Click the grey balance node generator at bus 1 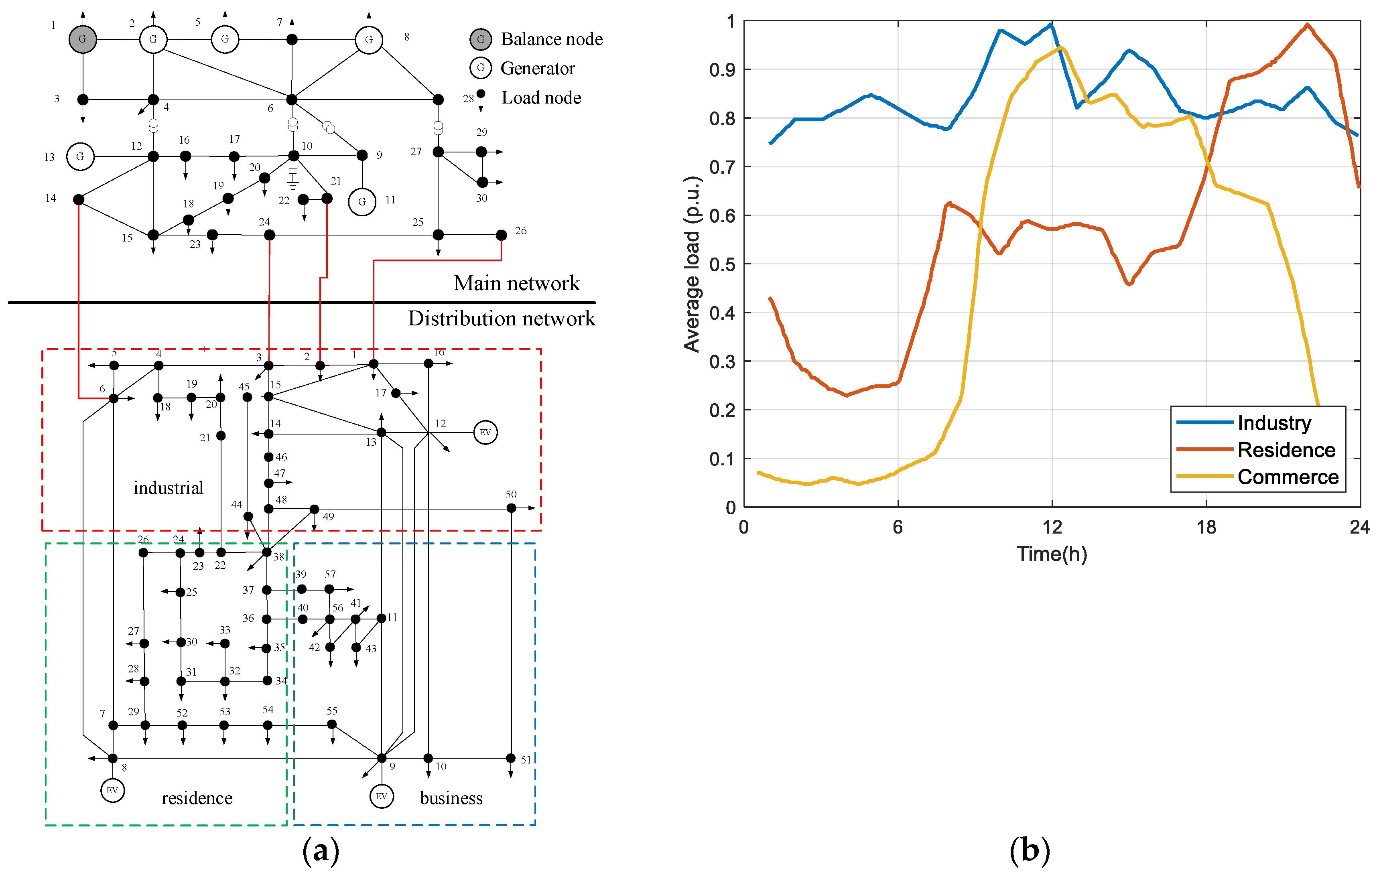(x=83, y=39)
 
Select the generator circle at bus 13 (x=80, y=156)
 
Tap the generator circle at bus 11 (x=362, y=201)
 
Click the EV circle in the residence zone (x=112, y=790)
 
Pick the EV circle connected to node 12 (x=485, y=432)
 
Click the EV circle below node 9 (x=382, y=796)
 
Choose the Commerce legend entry (x=1288, y=477)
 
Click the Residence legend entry (x=1286, y=450)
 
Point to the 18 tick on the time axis (x=1206, y=527)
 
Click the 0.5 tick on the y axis (x=722, y=264)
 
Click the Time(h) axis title (x=1052, y=554)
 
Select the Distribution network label (x=501, y=319)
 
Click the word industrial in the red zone (x=169, y=488)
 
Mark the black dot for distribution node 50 (x=511, y=508)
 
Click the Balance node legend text (x=552, y=39)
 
